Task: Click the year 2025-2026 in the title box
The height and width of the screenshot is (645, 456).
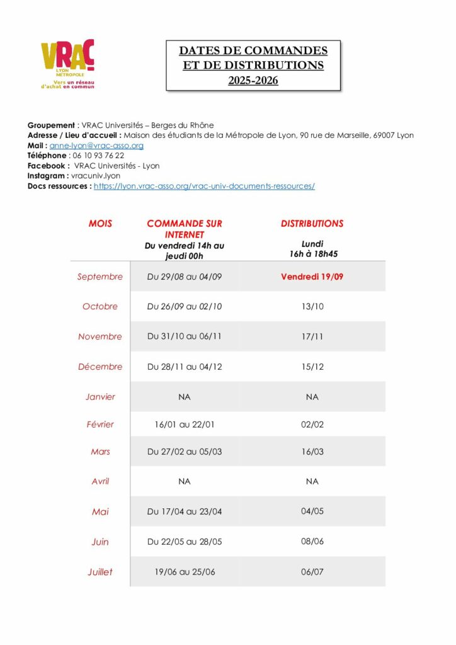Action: (x=253, y=81)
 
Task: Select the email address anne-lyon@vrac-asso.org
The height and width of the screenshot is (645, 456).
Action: (x=96, y=146)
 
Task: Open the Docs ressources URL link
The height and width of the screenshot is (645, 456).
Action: (x=204, y=186)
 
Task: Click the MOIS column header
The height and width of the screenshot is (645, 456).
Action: (x=100, y=224)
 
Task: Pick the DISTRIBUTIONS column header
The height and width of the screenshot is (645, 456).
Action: (x=312, y=224)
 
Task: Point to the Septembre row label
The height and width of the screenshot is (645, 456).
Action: (x=100, y=277)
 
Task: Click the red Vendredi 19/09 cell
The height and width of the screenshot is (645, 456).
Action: (x=312, y=277)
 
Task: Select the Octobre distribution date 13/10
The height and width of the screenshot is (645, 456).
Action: (x=312, y=307)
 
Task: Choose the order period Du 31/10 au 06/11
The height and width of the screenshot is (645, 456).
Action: (x=185, y=336)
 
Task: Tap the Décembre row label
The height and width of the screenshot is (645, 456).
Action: (x=100, y=367)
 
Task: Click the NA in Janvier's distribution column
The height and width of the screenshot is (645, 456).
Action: (x=312, y=397)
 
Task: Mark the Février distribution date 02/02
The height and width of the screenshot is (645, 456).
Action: (x=312, y=425)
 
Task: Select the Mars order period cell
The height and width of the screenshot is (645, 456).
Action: (x=185, y=452)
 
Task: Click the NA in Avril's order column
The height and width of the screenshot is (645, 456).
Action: (x=185, y=481)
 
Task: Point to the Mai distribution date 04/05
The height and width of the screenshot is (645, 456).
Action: (x=312, y=511)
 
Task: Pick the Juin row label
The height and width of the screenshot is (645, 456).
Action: (x=100, y=542)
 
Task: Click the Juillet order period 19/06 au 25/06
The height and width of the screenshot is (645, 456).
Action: (x=185, y=572)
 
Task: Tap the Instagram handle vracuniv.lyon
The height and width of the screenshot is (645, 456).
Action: (x=96, y=176)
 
